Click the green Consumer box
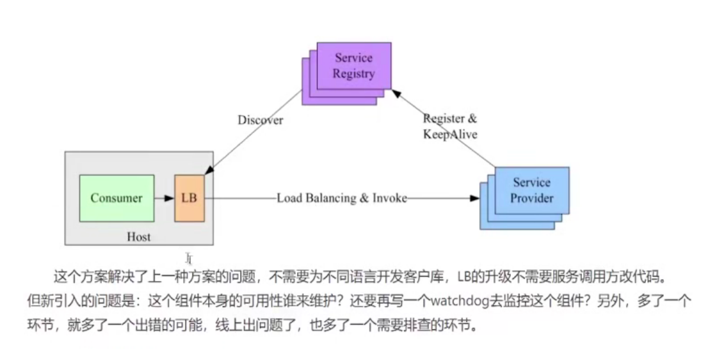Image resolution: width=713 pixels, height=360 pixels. click(117, 198)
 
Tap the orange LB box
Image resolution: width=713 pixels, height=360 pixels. click(190, 198)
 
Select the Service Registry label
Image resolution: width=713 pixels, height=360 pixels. click(354, 66)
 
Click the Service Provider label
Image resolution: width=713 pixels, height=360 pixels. click(531, 190)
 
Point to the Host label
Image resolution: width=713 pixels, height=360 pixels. click(139, 237)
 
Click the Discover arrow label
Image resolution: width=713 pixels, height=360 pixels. click(261, 120)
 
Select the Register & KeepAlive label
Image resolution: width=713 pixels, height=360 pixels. click(450, 127)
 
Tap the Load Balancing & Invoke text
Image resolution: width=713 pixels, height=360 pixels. click(342, 198)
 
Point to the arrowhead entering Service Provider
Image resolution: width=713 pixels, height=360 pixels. click(474, 198)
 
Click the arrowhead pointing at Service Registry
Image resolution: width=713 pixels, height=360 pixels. click(397, 92)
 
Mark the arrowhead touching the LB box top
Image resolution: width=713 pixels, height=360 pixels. click(208, 171)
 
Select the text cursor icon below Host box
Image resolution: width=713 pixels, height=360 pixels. click(189, 258)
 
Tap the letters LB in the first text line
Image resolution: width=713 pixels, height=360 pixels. click(465, 277)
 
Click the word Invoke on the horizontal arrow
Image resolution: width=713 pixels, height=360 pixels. click(390, 198)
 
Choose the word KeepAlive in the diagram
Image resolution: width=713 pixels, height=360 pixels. click(450, 134)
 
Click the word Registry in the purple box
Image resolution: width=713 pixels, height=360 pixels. click(354, 74)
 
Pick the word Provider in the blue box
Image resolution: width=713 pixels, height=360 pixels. click(531, 197)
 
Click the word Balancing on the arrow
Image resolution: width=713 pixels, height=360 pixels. click(332, 198)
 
